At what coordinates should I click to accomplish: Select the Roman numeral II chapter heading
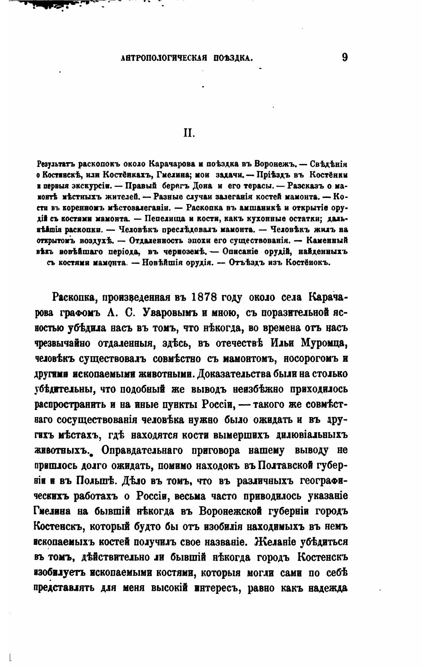click(x=189, y=133)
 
